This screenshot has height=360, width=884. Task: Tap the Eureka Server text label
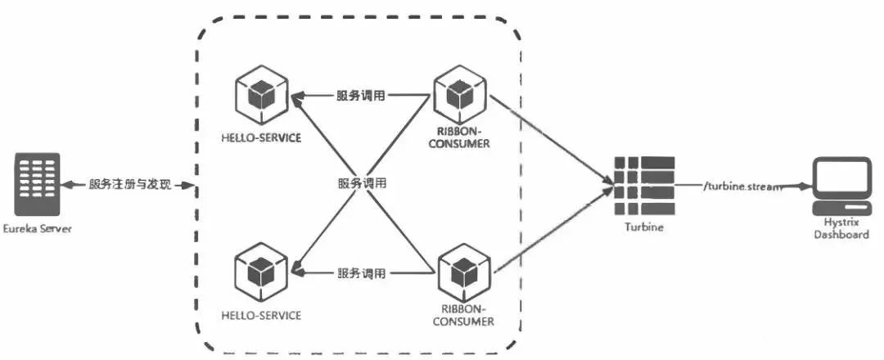(37, 229)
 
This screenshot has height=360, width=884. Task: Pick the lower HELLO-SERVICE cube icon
(261, 271)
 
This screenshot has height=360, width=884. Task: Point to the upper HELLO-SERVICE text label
(262, 137)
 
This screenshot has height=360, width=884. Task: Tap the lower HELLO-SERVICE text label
(262, 315)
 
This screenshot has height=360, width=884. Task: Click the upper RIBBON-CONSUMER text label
(459, 137)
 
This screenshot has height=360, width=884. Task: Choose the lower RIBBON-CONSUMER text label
(463, 316)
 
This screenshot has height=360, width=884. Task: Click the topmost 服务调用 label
(362, 95)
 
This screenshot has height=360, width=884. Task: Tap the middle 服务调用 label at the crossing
(362, 183)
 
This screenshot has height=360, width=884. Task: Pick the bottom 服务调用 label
(362, 274)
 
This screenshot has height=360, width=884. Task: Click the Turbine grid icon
(644, 186)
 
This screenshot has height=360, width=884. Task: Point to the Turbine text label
(644, 227)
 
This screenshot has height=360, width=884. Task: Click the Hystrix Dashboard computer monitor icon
(841, 186)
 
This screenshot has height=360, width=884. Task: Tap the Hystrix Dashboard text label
(841, 229)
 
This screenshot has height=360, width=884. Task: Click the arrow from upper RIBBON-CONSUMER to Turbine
(552, 140)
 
